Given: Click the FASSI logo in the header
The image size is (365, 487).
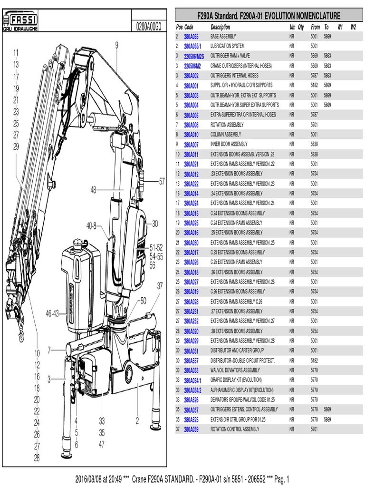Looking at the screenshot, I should click(20, 19).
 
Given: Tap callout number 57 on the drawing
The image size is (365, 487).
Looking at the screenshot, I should click(162, 181).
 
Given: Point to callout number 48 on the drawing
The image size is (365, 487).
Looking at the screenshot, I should click(94, 189).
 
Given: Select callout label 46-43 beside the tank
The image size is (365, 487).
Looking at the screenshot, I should click(52, 313).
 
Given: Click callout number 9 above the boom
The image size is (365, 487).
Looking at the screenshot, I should click(116, 45).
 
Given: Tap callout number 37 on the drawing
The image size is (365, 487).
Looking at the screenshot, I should click(160, 285).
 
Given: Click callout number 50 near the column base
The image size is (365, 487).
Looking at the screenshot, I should click(144, 300).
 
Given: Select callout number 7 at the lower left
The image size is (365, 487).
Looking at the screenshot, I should click(49, 350).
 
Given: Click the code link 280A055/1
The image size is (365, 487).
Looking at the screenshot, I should click(192, 47).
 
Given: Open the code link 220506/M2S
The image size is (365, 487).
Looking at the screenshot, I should click(193, 56).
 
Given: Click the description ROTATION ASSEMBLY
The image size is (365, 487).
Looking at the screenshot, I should click(227, 125).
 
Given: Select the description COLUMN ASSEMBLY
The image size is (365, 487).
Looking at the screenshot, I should click(226, 135).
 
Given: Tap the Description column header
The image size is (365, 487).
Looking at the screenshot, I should click(220, 27).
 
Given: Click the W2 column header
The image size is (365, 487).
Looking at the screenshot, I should click(353, 27).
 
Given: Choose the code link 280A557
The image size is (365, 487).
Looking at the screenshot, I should click(191, 360).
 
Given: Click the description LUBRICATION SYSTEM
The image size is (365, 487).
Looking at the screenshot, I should click(228, 46).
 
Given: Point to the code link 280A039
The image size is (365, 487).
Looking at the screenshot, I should click(191, 429).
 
